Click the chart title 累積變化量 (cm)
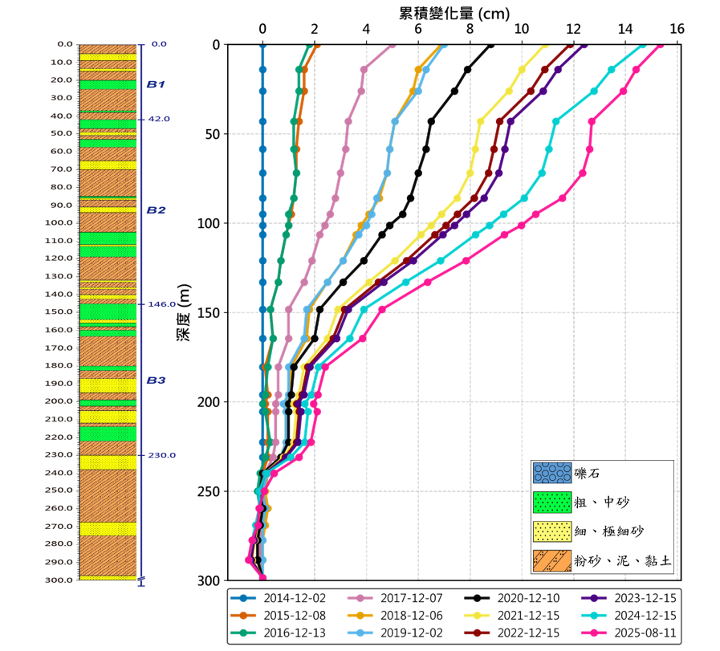pos(454,13)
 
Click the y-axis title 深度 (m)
pos(183,313)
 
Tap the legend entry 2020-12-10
pos(519,598)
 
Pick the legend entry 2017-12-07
pos(402,598)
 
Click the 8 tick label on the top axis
pos(470,29)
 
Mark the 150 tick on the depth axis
pos(208,312)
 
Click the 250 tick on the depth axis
pos(208,491)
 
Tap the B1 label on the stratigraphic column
pos(156,84)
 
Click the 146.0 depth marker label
pos(159,304)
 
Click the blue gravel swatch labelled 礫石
pos(552,474)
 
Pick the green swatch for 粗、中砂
pos(552,502)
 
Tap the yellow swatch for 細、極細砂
pos(552,531)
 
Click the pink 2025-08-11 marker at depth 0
pos(660,45)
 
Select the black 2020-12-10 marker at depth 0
pos(491,45)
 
